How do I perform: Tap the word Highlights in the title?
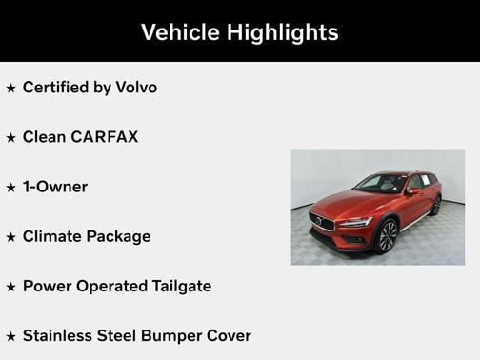[282, 31]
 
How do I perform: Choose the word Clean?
[43, 137]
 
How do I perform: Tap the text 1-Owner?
[54, 187]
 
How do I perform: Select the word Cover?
[230, 335]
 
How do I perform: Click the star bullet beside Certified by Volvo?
[11, 88]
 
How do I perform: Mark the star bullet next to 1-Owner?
[11, 187]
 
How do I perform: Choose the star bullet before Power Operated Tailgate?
[11, 286]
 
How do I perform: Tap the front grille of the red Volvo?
[324, 223]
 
